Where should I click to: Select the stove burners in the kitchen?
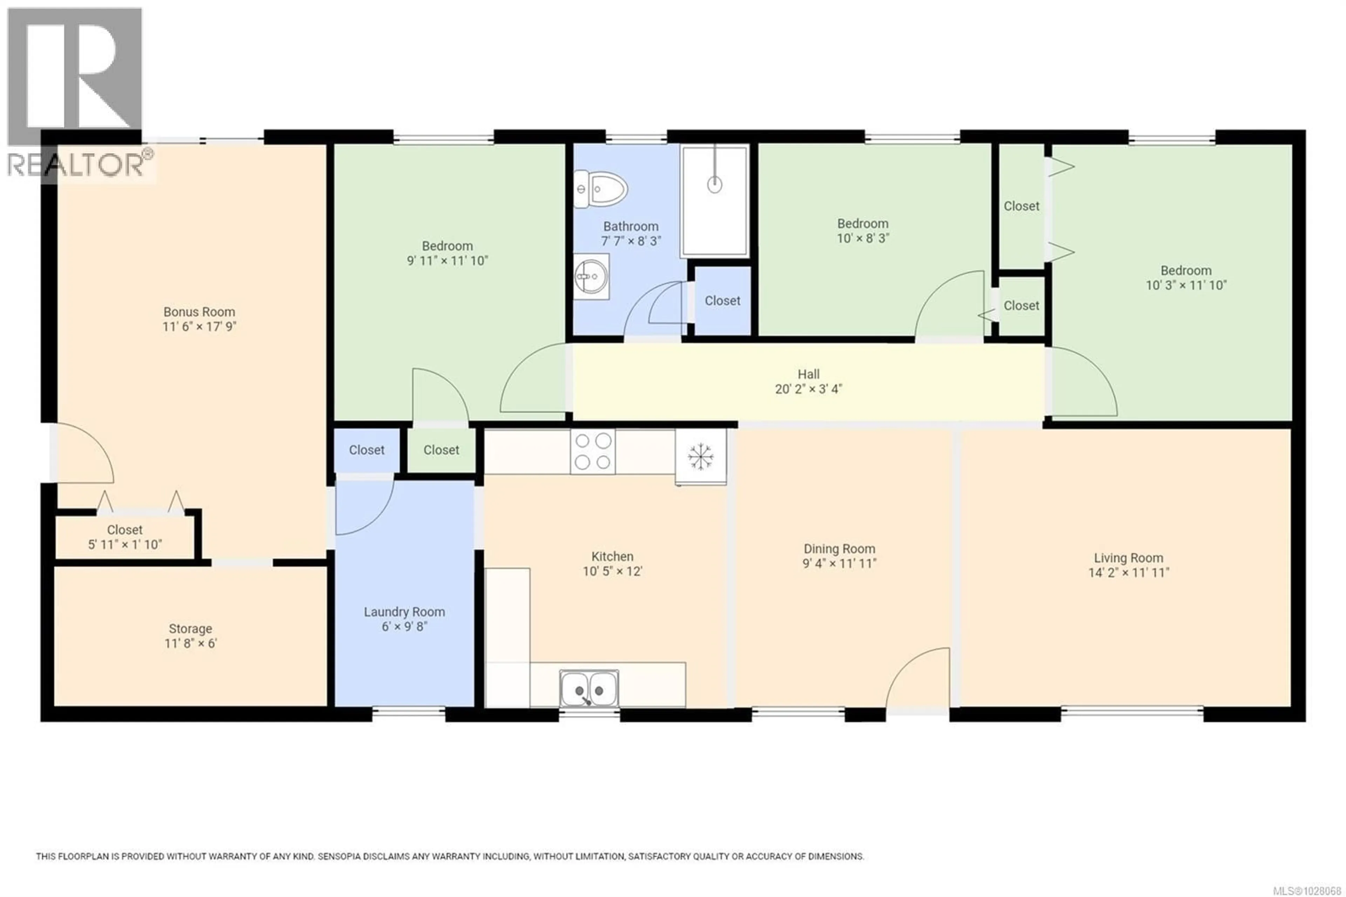(x=592, y=451)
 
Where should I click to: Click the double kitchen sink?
(x=589, y=689)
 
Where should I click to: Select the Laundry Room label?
(x=404, y=612)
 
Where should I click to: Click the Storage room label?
(x=190, y=629)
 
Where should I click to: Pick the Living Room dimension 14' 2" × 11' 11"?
(x=1128, y=573)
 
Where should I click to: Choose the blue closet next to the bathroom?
(x=722, y=301)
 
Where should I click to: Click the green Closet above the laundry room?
(x=441, y=450)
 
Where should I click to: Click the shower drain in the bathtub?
(x=714, y=184)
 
